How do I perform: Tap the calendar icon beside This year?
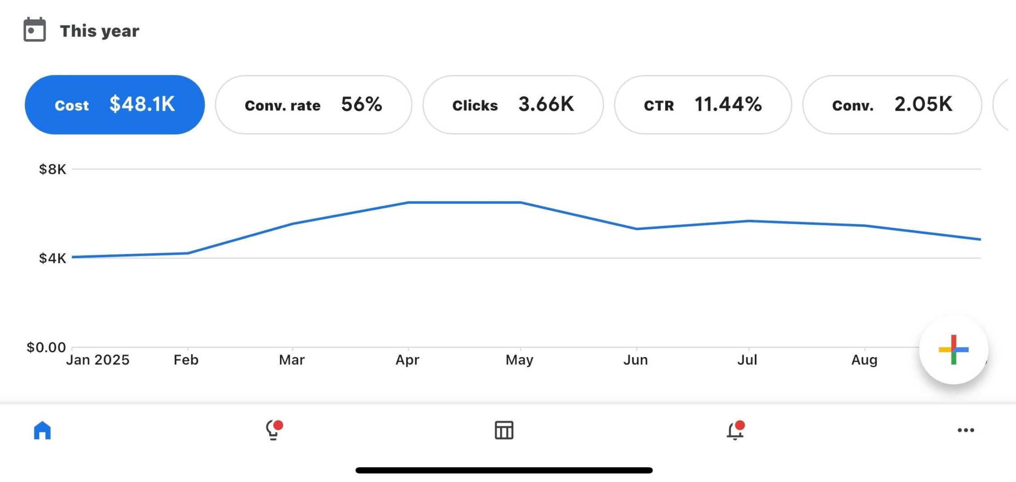(35, 30)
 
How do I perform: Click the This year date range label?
(99, 31)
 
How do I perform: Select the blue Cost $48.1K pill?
(115, 105)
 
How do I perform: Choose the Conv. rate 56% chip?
(313, 105)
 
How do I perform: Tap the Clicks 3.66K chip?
(513, 105)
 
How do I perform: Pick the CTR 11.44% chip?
(703, 105)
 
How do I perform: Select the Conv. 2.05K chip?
(892, 105)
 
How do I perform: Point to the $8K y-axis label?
(52, 169)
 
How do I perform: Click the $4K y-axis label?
(52, 258)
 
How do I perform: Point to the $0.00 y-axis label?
(46, 347)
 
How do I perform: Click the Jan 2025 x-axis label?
(97, 360)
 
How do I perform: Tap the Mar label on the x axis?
(292, 360)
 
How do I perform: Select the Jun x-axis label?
(635, 360)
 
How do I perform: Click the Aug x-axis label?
(864, 360)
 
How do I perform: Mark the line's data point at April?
(408, 202)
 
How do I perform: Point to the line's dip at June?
(636, 229)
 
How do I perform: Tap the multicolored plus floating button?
(953, 350)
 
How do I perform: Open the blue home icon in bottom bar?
(42, 430)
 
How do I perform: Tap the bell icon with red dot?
(735, 431)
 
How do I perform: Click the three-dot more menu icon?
(965, 430)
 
